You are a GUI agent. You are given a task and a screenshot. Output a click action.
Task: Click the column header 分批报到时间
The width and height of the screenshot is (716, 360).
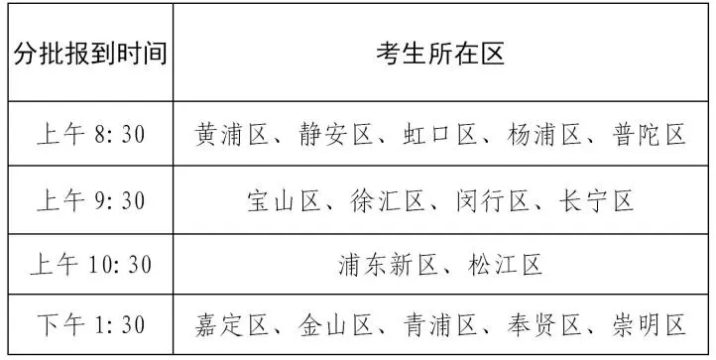[90, 54]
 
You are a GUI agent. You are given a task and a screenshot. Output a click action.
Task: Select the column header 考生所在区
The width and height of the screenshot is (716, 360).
[440, 54]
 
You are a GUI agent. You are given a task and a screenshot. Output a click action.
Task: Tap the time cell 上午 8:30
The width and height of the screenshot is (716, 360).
[91, 134]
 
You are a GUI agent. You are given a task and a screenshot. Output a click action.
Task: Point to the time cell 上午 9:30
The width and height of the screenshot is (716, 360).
[91, 201]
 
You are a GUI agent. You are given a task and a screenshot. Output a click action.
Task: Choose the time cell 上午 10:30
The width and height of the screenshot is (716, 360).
[91, 265]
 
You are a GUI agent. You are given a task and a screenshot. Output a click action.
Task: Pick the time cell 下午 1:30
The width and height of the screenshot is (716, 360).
[91, 325]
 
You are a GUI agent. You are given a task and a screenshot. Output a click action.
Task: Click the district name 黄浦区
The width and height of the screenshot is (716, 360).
[231, 134]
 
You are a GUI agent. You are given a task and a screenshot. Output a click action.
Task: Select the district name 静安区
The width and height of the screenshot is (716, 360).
[336, 134]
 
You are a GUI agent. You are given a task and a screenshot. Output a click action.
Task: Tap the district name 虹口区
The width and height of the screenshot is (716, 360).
[440, 134]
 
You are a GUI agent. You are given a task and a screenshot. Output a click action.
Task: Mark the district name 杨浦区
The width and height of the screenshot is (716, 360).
[544, 134]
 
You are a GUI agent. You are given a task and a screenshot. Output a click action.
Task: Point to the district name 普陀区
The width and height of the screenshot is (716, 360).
[649, 134]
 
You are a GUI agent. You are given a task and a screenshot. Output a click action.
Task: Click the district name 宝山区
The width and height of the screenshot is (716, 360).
[284, 201]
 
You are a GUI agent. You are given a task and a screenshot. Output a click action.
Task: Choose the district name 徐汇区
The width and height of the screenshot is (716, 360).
[388, 201]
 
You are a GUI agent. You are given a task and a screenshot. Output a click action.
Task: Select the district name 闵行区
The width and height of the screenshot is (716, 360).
[493, 201]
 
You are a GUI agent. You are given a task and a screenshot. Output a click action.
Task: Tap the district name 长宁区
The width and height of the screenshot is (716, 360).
[597, 201]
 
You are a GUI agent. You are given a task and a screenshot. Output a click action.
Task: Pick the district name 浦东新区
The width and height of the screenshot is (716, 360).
[388, 265]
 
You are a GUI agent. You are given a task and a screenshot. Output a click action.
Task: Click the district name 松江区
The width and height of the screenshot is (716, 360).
[505, 265]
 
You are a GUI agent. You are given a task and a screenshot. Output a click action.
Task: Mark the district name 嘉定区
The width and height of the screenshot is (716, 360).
[231, 325]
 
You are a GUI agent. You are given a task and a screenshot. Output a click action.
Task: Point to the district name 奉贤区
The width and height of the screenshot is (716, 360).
[544, 325]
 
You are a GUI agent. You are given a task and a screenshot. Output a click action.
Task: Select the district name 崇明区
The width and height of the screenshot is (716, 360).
[649, 325]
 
